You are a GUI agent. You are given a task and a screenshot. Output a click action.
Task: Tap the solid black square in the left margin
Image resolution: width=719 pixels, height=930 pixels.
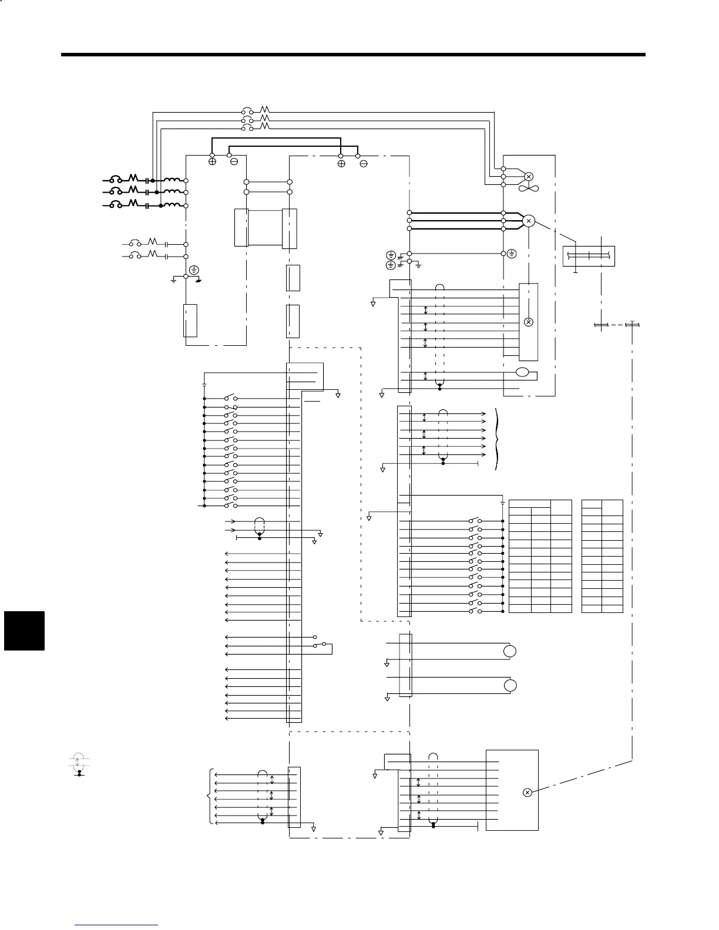[24, 631]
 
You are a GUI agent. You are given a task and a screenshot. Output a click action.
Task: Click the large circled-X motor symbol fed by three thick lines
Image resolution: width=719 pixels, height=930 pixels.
[529, 221]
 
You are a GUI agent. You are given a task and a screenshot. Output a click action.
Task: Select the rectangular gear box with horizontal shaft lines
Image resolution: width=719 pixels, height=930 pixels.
[589, 255]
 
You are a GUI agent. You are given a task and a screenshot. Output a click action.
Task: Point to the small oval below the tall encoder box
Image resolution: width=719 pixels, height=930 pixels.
[522, 372]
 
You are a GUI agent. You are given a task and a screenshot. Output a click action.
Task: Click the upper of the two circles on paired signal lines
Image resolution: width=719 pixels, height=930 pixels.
[510, 651]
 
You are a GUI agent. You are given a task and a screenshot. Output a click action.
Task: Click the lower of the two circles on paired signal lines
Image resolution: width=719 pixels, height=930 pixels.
[510, 686]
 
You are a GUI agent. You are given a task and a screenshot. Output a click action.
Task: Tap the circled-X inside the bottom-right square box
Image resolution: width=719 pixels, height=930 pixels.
[527, 793]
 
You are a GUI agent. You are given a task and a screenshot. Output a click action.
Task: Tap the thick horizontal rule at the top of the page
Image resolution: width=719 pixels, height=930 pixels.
[353, 55]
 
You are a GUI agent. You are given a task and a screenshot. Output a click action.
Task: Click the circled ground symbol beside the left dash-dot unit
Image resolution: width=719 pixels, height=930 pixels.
[194, 271]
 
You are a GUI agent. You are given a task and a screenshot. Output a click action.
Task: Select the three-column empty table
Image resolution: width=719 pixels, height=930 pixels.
[540, 556]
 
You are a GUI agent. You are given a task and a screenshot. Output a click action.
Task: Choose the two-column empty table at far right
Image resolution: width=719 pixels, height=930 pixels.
[602, 556]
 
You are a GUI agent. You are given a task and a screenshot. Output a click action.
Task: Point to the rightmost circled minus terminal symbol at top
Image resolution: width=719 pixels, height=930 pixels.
[363, 163]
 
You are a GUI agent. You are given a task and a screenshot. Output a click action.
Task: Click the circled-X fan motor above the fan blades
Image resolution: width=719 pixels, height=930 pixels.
[528, 176]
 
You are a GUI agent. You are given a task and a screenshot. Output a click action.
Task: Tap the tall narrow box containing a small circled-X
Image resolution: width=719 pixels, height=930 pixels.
[528, 322]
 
